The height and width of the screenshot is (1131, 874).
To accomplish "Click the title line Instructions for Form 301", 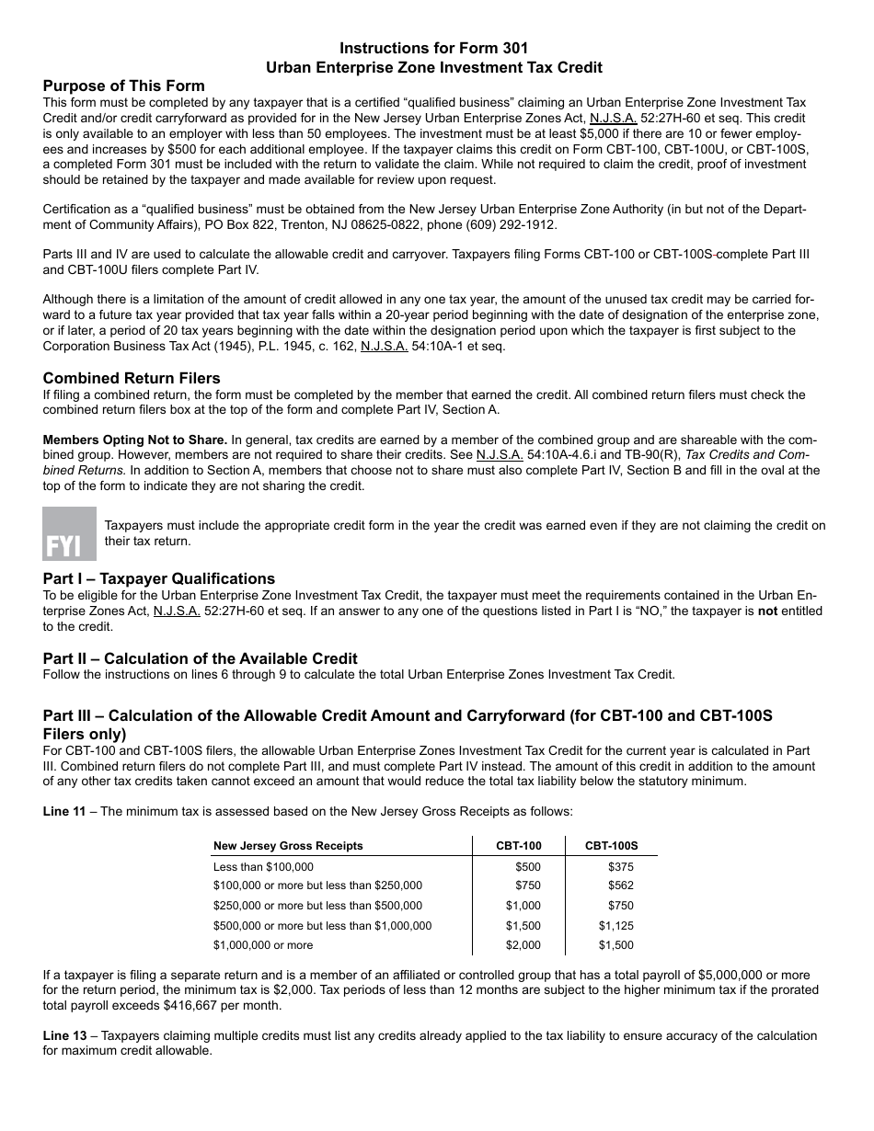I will (433, 48).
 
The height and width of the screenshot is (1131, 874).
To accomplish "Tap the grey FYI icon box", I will (69, 533).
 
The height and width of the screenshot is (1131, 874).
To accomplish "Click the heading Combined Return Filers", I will (132, 378).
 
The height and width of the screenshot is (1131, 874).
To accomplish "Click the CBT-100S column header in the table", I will (611, 846).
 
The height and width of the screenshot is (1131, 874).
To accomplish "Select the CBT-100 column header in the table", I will (518, 846).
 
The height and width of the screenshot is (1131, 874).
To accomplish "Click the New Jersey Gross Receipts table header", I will (288, 846).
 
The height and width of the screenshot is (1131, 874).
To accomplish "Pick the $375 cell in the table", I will (620, 866).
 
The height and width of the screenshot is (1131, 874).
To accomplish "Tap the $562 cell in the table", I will (620, 885).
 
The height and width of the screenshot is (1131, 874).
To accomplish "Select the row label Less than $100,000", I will (263, 866).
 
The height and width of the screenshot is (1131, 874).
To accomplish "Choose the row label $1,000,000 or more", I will (263, 945).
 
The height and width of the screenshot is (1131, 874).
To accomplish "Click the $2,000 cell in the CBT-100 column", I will (523, 945).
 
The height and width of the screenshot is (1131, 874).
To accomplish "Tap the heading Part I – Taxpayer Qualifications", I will (158, 578).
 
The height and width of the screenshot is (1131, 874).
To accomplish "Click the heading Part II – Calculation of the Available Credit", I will (200, 658).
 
